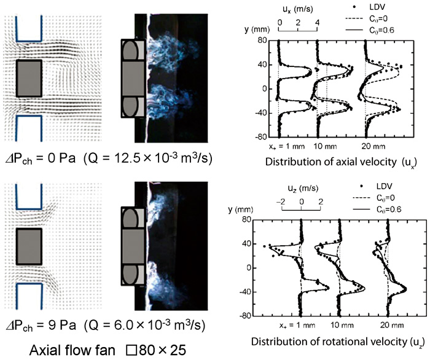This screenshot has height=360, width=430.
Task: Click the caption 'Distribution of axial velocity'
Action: click(x=330, y=162)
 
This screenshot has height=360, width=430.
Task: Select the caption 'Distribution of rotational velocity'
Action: click(x=329, y=342)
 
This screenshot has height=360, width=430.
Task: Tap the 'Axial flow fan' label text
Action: click(x=72, y=350)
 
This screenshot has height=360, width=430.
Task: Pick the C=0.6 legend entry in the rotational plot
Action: click(x=377, y=209)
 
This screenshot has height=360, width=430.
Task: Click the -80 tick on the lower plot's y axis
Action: click(x=246, y=316)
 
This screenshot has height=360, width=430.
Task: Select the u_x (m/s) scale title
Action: click(x=297, y=9)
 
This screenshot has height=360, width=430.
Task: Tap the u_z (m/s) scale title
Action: click(x=303, y=189)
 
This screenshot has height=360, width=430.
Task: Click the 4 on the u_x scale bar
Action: click(x=318, y=23)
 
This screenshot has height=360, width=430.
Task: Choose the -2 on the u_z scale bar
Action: click(x=281, y=202)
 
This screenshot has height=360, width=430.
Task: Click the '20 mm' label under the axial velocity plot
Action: click(x=373, y=146)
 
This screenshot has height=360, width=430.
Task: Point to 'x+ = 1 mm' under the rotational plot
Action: click(x=297, y=326)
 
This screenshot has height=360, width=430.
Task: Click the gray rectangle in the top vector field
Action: click(x=29, y=79)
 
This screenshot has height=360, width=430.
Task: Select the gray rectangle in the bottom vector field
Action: click(x=29, y=246)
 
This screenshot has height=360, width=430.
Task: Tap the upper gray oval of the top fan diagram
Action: click(x=130, y=50)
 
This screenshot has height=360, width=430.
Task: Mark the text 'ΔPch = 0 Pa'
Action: click(x=41, y=159)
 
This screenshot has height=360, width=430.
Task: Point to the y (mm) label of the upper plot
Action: click(x=257, y=29)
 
